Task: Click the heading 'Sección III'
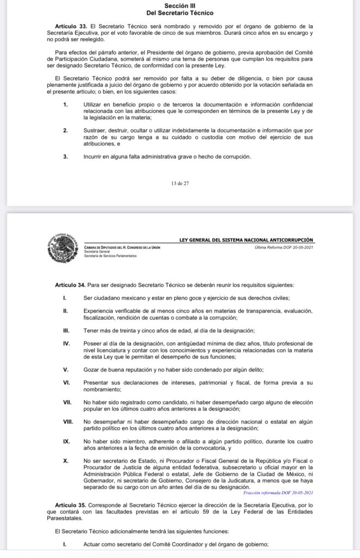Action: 180,5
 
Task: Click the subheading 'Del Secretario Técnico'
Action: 180,12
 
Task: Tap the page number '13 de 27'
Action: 180,183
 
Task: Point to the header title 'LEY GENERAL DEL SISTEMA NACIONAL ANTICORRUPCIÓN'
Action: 247,240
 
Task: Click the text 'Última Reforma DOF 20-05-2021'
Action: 284,247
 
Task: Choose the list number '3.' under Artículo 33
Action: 65,156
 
